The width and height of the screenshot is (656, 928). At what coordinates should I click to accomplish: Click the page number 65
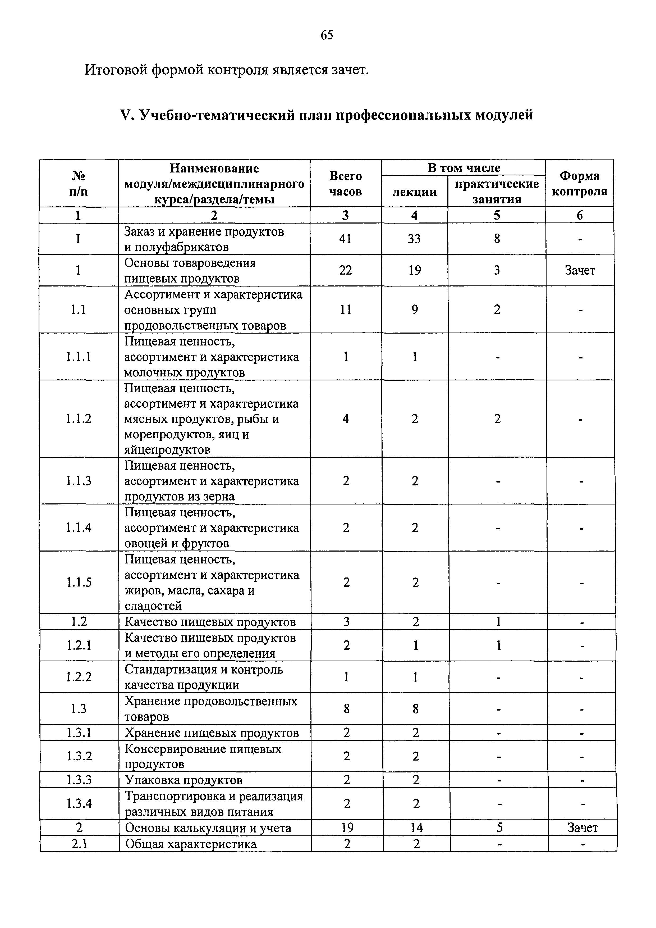327,35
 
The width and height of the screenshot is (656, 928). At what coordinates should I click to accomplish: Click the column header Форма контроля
579,184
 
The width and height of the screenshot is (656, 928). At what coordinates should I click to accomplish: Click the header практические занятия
497,192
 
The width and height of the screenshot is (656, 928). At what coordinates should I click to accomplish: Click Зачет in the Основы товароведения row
580,270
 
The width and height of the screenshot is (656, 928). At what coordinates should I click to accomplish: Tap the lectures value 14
416,828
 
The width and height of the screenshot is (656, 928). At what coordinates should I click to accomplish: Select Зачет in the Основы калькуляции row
582,828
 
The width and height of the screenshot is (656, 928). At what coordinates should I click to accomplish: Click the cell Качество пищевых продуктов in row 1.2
210,622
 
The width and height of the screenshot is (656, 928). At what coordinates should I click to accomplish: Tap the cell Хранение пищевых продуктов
212,733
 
